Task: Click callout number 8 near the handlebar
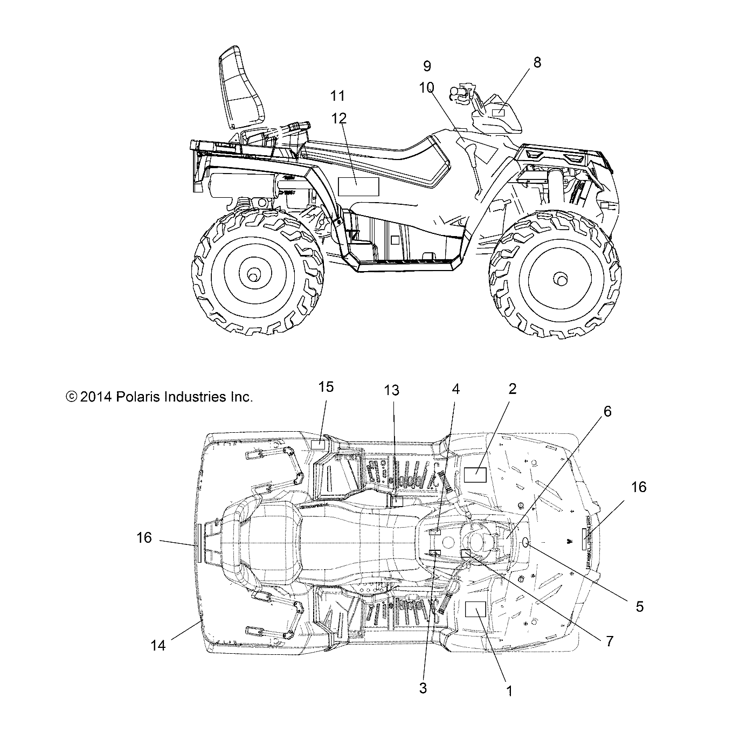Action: (537, 63)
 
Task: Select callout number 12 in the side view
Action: (340, 118)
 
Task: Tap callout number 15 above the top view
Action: (326, 387)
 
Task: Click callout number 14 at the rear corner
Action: (158, 645)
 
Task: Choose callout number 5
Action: (640, 606)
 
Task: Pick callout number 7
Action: (610, 641)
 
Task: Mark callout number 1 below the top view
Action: (509, 690)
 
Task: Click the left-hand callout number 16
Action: (144, 537)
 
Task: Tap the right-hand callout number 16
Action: (639, 487)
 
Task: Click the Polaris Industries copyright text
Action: (159, 397)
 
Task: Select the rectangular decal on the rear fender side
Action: (358, 186)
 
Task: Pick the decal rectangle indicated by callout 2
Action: (475, 475)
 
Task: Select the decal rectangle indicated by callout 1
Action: (475, 609)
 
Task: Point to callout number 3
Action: (423, 688)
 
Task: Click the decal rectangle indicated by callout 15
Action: (319, 444)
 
